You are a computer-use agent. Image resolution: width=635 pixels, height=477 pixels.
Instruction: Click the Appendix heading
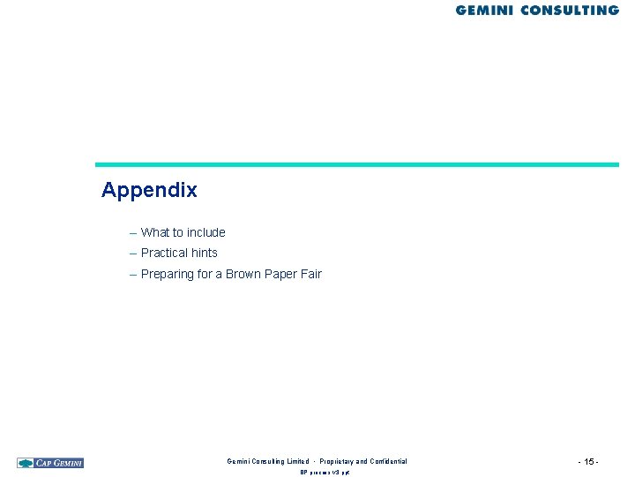[x=149, y=190]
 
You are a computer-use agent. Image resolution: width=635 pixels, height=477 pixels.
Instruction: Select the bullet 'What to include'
[x=183, y=232]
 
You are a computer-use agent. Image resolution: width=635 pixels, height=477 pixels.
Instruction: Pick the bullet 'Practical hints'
[x=179, y=253]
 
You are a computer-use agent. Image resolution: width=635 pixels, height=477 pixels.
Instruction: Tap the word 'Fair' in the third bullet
[x=310, y=274]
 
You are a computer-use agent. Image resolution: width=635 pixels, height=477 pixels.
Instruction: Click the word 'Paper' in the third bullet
[x=280, y=274]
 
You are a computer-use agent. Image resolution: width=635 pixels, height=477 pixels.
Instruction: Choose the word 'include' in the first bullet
[x=205, y=232]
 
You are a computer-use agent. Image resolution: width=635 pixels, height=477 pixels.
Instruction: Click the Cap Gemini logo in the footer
[x=50, y=462]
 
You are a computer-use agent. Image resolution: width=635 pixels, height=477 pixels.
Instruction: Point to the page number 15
[x=589, y=462]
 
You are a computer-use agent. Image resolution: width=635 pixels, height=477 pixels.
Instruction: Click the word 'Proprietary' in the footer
[x=343, y=461]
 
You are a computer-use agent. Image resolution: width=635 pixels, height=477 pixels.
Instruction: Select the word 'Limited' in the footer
[x=296, y=461]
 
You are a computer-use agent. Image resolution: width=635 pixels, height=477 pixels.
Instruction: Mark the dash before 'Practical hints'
[x=132, y=253]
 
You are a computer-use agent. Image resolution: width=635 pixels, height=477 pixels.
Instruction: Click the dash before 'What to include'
[x=132, y=232]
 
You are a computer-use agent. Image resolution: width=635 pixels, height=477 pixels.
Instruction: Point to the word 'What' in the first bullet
[x=154, y=232]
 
